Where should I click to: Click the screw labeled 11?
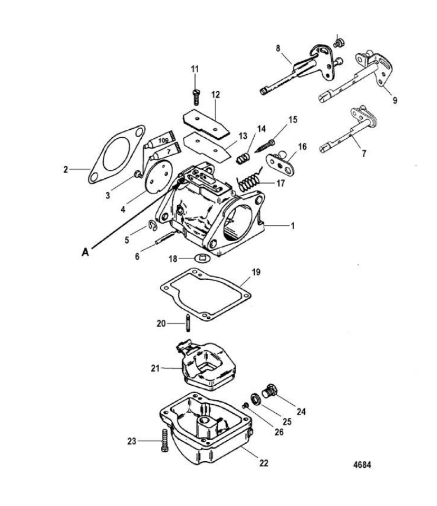tap(195, 97)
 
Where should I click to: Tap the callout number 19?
tap(256, 272)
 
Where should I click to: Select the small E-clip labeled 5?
tap(153, 225)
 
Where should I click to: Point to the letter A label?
tap(85, 252)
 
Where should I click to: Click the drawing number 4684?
tap(362, 465)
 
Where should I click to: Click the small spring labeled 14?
tap(243, 158)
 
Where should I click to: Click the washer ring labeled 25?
tap(256, 399)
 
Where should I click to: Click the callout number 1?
tap(292, 226)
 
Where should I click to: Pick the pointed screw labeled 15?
tap(265, 146)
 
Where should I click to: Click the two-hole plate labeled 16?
tap(280, 164)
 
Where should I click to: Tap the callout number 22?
tap(264, 463)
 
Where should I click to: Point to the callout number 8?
tap(278, 48)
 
